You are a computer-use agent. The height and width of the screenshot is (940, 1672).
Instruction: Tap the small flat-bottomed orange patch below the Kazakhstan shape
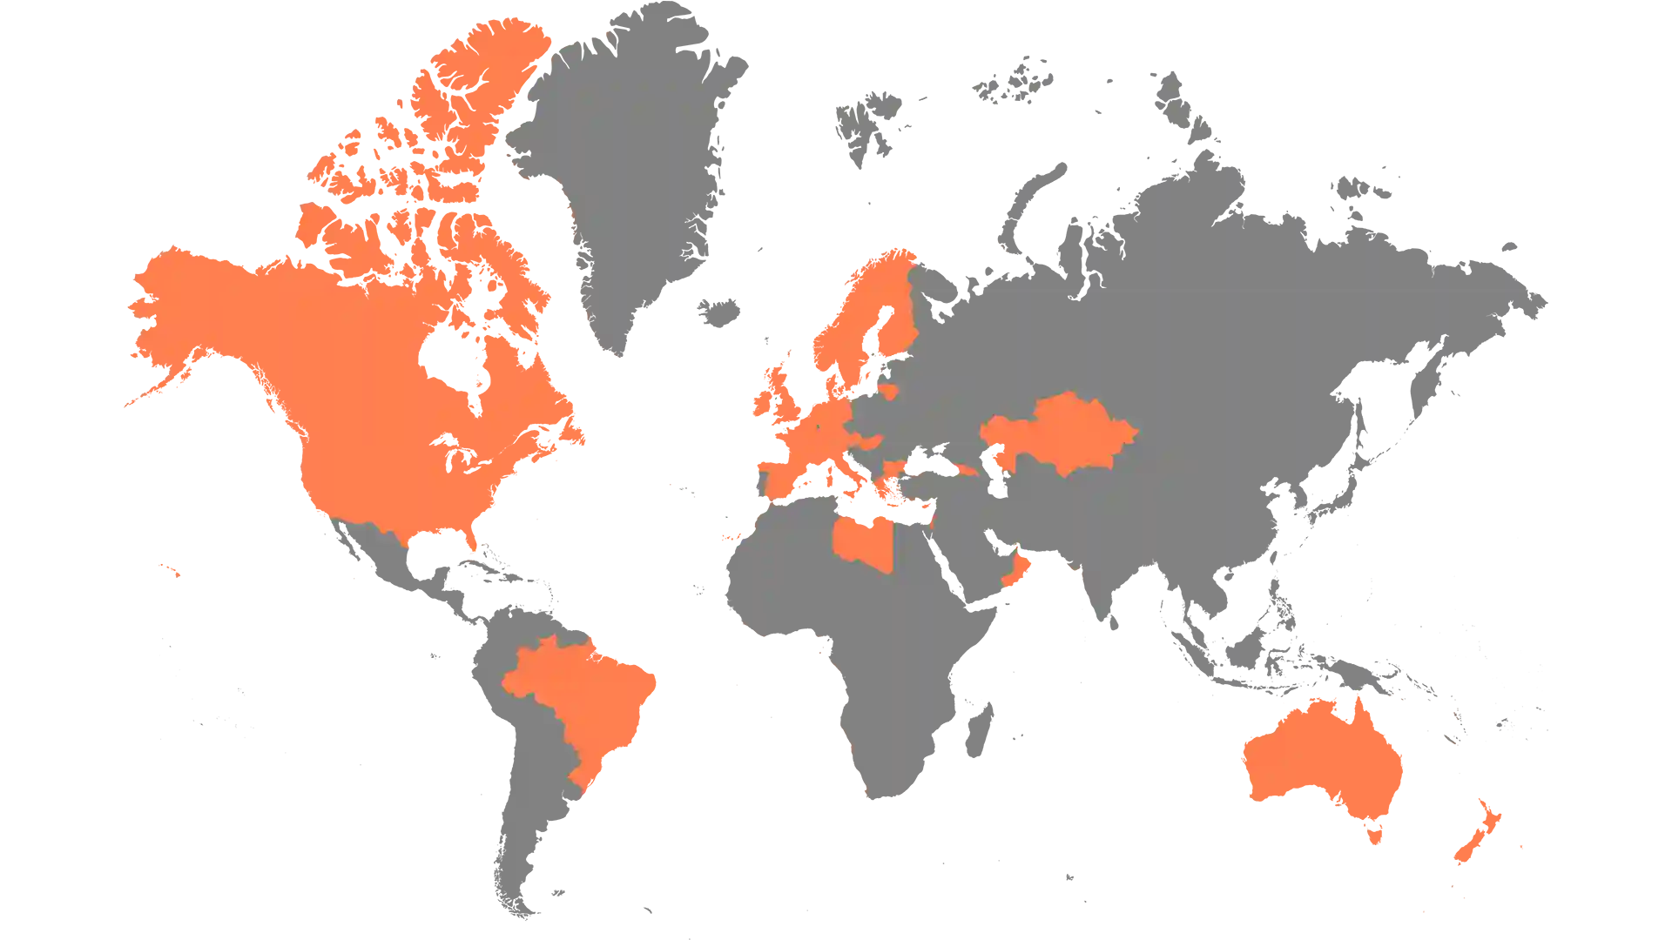pos(1042,579)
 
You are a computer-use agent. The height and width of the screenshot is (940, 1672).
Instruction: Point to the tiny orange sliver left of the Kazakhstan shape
pos(966,470)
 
